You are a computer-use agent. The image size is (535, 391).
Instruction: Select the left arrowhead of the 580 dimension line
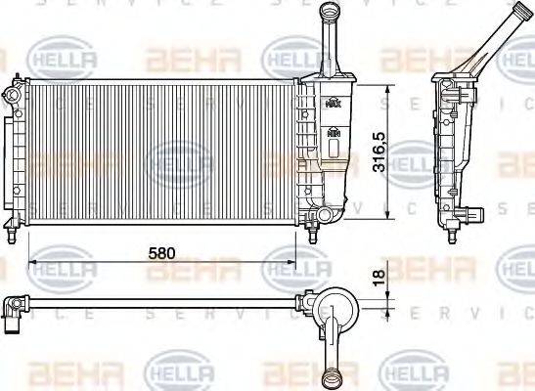pyautogui.click(x=33, y=262)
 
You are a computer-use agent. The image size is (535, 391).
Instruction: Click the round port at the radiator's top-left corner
pyautogui.click(x=11, y=96)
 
